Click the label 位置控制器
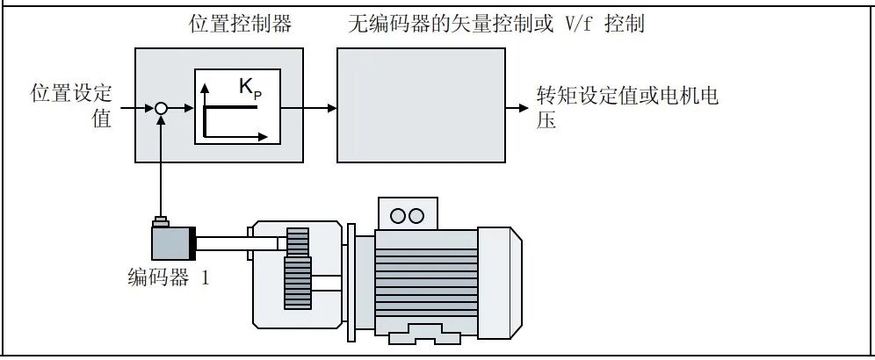pyautogui.click(x=240, y=25)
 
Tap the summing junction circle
pyautogui.click(x=160, y=108)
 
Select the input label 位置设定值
pyautogui.click(x=71, y=106)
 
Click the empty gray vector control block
pyautogui.click(x=421, y=105)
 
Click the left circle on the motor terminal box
pyautogui.click(x=396, y=215)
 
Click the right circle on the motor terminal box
pyautogui.click(x=416, y=215)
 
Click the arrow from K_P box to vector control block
pyautogui.click(x=307, y=108)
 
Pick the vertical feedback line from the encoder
pyautogui.click(x=160, y=167)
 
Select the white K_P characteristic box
pyautogui.click(x=237, y=106)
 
